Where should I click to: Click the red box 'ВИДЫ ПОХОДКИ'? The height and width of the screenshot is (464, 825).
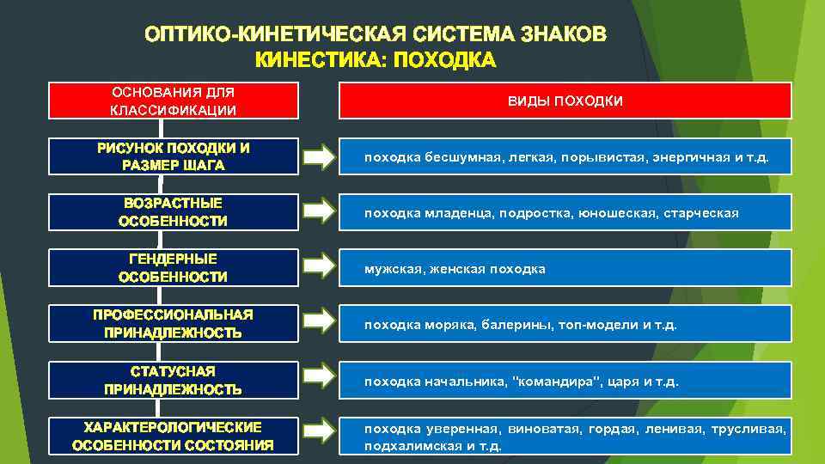click(x=565, y=101)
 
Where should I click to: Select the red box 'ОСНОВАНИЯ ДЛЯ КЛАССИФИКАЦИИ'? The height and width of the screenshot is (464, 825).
click(x=173, y=101)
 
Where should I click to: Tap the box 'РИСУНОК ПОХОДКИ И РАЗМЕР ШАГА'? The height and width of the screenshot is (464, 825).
click(x=173, y=156)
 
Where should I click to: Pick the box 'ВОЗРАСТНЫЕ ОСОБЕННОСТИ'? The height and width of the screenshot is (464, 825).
click(x=173, y=212)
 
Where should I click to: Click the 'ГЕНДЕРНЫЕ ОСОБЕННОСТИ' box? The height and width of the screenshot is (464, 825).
click(x=173, y=268)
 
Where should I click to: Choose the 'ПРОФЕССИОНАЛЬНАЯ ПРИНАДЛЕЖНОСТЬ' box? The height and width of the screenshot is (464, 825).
click(x=173, y=323)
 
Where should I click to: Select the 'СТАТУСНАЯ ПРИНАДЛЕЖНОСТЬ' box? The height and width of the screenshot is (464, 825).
click(x=173, y=380)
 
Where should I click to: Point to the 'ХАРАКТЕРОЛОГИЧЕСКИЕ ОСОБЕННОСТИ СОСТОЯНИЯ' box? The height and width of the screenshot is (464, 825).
click(x=173, y=436)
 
